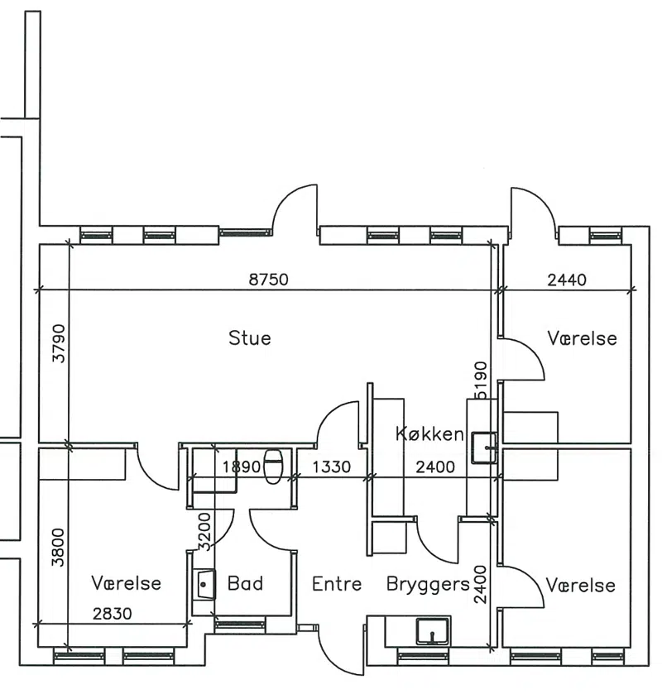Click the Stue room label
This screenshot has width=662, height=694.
(x=250, y=338)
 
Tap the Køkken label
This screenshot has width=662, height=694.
(x=429, y=433)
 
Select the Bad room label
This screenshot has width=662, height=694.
(x=245, y=583)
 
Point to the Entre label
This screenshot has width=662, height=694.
(x=337, y=584)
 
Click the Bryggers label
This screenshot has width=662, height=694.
(x=428, y=585)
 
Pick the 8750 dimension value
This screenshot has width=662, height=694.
(x=268, y=280)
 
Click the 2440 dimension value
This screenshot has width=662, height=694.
(x=567, y=280)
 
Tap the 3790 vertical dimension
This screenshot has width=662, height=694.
(x=58, y=343)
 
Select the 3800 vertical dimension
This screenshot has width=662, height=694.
(x=58, y=548)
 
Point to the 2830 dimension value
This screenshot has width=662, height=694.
(x=112, y=614)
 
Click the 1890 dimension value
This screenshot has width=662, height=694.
(x=242, y=467)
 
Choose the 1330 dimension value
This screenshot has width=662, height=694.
(x=332, y=467)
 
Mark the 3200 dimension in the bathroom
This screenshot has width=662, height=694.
(x=204, y=532)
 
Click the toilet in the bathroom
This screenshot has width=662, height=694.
(x=273, y=467)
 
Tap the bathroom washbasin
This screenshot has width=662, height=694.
(x=204, y=585)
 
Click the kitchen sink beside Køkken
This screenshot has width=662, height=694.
(x=484, y=448)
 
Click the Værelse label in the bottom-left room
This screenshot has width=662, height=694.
(x=127, y=583)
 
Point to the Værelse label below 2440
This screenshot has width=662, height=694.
(x=582, y=338)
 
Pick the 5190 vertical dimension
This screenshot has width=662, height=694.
(x=481, y=381)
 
